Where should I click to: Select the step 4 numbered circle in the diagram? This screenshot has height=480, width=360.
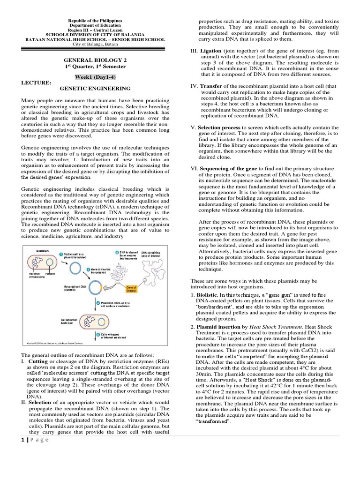(x=98, y=303)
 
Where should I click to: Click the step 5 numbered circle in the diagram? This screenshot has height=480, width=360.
(x=98, y=334)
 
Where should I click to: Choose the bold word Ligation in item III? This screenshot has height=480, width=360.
(x=213, y=50)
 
